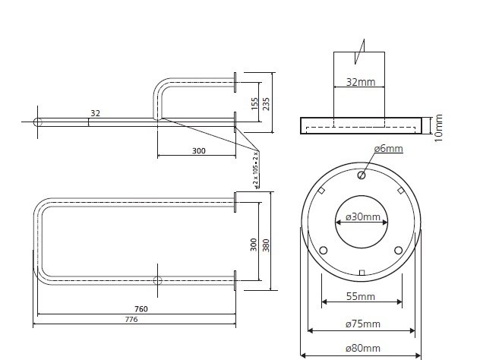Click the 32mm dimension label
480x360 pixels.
[x=361, y=82]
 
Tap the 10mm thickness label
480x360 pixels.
[x=439, y=128]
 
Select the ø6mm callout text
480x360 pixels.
[x=388, y=148]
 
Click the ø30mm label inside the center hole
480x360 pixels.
[x=363, y=216]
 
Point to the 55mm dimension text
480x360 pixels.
[x=361, y=296]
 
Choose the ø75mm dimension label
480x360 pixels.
[x=363, y=324]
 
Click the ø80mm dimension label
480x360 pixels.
[x=363, y=349]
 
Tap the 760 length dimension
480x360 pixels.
[x=141, y=309]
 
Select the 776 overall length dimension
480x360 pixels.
[x=131, y=319]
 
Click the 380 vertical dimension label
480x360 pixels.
[x=266, y=245]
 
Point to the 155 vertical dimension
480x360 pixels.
[x=254, y=104]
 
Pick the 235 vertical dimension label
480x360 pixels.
[x=266, y=104]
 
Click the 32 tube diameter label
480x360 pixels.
[x=95, y=113]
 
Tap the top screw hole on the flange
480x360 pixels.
[x=362, y=175]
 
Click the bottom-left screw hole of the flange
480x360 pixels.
[x=323, y=251]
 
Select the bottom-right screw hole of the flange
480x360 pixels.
[x=398, y=251]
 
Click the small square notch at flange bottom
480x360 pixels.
[x=362, y=273]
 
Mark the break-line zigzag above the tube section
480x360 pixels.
[x=360, y=52]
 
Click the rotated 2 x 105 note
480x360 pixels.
[x=256, y=171]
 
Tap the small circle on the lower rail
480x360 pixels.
[x=157, y=280]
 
